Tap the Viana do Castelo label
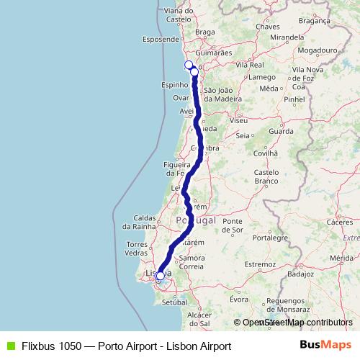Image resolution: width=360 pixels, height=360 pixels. pos(183,15)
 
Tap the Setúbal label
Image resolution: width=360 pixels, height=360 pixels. pos(174,302)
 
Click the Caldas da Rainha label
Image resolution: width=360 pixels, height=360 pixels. pos(151,221)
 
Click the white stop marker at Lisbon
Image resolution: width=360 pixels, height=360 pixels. pos(160,276)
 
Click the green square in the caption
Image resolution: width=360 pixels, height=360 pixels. pos(9,346)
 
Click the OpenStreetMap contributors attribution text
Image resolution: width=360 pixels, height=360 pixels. pos(295,323)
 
